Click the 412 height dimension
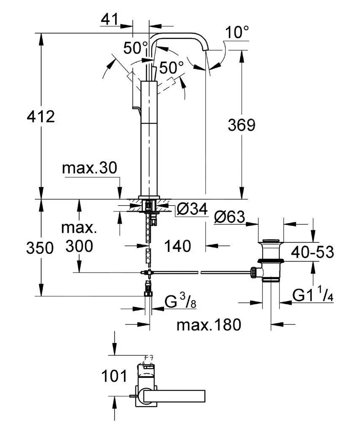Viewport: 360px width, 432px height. pos(41,116)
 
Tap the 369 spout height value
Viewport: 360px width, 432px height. pos(241,125)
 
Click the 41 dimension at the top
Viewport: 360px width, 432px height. pos(109,19)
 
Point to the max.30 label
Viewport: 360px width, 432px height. pos(89,167)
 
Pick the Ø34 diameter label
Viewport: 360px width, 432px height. pos(192,209)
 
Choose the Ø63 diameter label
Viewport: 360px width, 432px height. pos(229,217)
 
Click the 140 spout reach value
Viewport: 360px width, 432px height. pos(178,246)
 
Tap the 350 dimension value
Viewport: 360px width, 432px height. pos(40,248)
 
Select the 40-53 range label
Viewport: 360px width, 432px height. pos(313,252)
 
